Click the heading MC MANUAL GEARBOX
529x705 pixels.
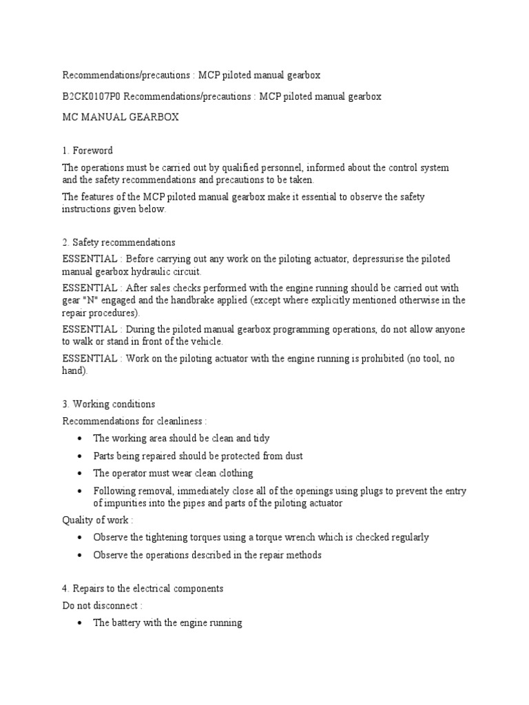pyautogui.click(x=121, y=117)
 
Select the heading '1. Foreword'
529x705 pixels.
pyautogui.click(x=87, y=150)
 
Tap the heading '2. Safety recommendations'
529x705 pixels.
pyautogui.click(x=118, y=242)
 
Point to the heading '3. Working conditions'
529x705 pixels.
pyautogui.click(x=109, y=403)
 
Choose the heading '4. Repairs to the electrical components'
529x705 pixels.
pyautogui.click(x=143, y=589)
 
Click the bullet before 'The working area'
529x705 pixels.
pyautogui.click(x=81, y=439)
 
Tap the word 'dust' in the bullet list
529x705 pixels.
pyautogui.click(x=293, y=456)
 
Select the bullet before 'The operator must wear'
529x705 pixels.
pyautogui.click(x=81, y=474)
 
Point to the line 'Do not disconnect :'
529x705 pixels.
pyautogui.click(x=103, y=605)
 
